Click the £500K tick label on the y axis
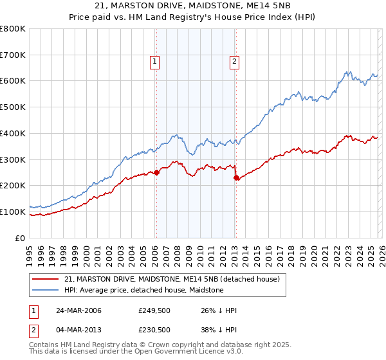tap(13, 107)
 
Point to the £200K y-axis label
tap(13, 186)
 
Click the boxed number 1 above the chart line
tap(156, 62)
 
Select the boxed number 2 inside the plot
tap(234, 62)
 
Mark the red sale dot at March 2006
tap(156, 172)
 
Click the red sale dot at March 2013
tap(235, 177)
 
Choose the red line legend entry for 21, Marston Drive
tap(172, 279)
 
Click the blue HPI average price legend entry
tap(143, 290)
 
